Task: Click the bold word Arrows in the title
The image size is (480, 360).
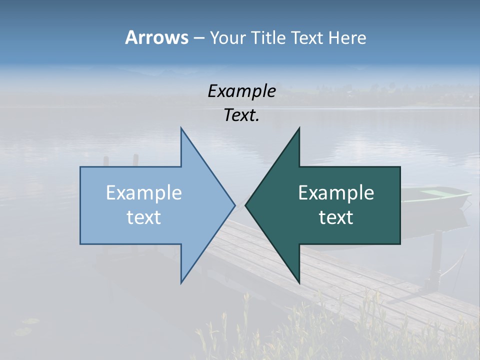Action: [x=156, y=37]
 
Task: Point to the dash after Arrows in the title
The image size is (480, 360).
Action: [x=198, y=38]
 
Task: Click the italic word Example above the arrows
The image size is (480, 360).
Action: [x=241, y=91]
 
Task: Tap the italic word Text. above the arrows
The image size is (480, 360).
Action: [x=241, y=115]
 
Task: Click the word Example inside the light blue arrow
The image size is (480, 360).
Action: [x=144, y=193]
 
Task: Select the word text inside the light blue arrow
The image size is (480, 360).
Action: [x=144, y=217]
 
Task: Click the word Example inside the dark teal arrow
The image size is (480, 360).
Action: [x=336, y=193]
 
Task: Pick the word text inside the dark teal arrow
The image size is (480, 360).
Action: [x=336, y=217]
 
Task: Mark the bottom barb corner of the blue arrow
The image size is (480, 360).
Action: [x=181, y=282]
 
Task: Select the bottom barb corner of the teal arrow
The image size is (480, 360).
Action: [x=299, y=282]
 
